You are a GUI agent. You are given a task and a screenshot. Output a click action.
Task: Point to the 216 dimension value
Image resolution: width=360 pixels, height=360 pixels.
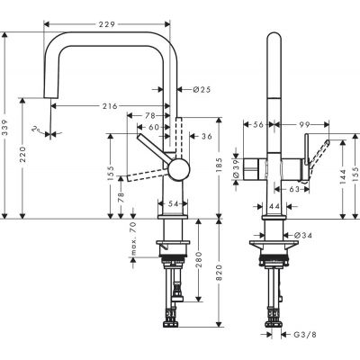108,106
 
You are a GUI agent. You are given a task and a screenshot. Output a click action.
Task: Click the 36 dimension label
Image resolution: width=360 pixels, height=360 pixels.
207,136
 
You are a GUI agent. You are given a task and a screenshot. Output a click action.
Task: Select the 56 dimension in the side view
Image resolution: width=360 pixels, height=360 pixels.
258,126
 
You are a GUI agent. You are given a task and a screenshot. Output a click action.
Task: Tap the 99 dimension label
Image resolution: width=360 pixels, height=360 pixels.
305,126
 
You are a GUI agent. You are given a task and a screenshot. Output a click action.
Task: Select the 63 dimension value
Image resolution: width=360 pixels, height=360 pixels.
292,190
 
